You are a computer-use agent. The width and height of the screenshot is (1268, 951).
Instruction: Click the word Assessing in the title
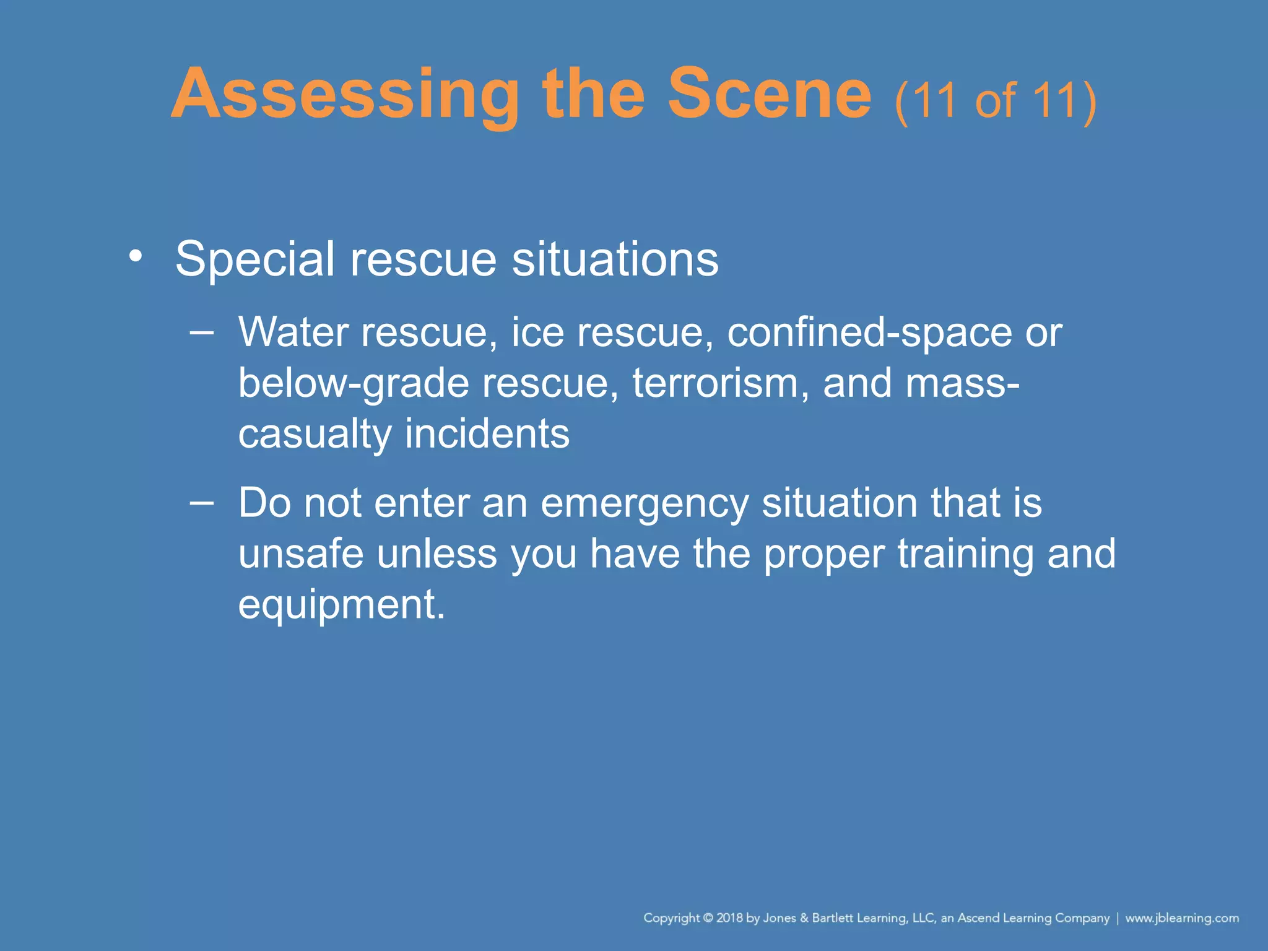tap(344, 95)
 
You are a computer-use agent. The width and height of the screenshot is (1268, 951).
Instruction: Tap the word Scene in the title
tap(769, 95)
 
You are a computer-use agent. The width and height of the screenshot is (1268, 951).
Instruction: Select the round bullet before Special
tap(136, 256)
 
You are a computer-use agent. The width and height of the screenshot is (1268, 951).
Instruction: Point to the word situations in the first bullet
tap(615, 259)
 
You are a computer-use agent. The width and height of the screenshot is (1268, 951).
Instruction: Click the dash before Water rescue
tap(202, 332)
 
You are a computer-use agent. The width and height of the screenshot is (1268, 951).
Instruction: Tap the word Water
tap(293, 332)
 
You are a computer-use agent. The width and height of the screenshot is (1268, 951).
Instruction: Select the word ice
tap(537, 332)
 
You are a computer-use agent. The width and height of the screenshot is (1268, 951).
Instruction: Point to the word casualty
tap(315, 435)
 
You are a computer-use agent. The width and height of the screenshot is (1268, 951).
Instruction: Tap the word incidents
tap(487, 433)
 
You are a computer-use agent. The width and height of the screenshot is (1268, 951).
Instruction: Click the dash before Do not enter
tap(202, 502)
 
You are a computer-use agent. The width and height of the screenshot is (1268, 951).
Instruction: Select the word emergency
tap(644, 504)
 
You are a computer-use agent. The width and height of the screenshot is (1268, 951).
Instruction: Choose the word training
tap(966, 554)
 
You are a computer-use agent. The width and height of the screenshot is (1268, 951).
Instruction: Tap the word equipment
tap(341, 605)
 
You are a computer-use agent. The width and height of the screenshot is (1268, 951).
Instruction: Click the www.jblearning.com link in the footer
tap(1181, 918)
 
